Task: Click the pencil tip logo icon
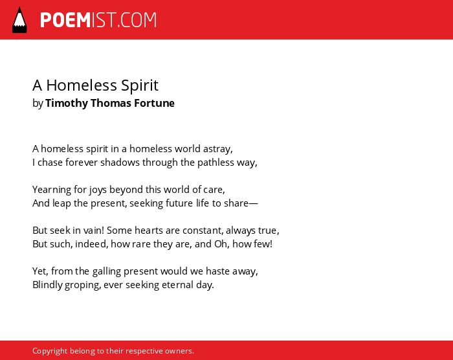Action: tap(19, 20)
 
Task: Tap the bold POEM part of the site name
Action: tap(65, 20)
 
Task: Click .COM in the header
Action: tap(137, 20)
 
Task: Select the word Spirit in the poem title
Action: tap(140, 85)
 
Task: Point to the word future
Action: tap(179, 203)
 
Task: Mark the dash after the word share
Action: tap(253, 203)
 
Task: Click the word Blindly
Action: tap(47, 285)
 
